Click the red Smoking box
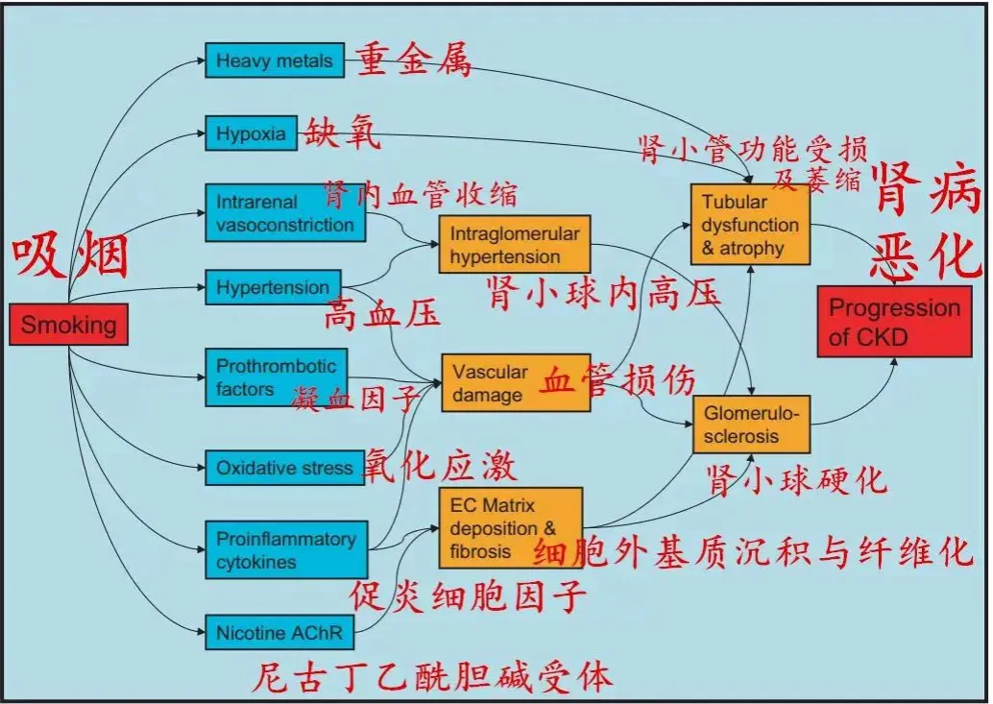click(x=68, y=325)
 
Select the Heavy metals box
click(x=274, y=61)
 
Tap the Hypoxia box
click(x=251, y=134)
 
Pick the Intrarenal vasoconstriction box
click(x=284, y=213)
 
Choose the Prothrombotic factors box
click(x=276, y=377)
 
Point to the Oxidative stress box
click(x=284, y=468)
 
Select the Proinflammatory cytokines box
click(x=285, y=550)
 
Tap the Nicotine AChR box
click(x=279, y=633)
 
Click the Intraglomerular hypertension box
click(x=514, y=245)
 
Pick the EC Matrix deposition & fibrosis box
click(x=510, y=528)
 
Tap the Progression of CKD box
click(x=893, y=322)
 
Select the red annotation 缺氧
click(x=343, y=133)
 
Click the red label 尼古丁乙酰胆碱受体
click(x=431, y=677)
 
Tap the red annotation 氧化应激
click(x=439, y=467)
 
